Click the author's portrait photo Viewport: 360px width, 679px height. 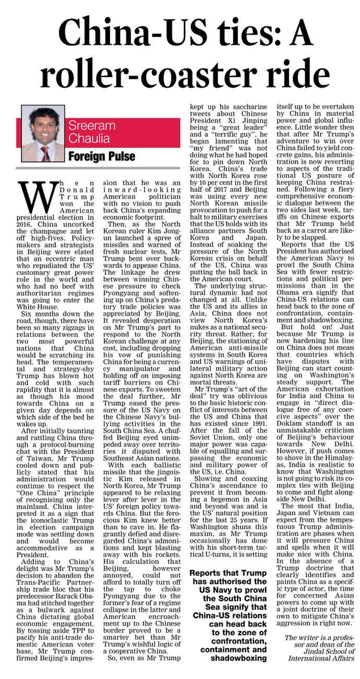click(43, 134)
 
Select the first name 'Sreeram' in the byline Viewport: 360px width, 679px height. click(89, 126)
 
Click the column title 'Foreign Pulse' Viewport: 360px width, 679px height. click(102, 156)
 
